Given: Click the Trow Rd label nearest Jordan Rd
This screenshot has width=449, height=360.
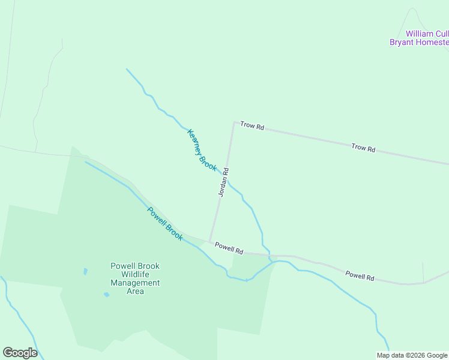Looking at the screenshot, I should click(x=252, y=126).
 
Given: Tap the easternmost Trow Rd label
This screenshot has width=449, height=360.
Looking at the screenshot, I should click(x=363, y=148).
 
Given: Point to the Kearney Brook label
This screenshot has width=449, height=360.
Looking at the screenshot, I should click(x=202, y=150).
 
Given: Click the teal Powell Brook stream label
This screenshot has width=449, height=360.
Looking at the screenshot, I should click(x=165, y=224).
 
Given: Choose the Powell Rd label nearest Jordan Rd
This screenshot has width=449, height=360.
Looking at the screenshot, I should click(x=229, y=247).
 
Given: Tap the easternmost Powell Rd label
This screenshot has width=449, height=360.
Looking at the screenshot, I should click(x=360, y=276).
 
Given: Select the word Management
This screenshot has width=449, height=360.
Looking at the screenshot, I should click(x=135, y=283).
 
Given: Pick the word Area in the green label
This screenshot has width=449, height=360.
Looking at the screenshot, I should click(x=135, y=292).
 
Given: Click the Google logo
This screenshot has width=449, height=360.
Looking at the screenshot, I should click(x=20, y=353).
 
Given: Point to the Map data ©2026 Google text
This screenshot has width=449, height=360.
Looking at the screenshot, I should click(x=412, y=355).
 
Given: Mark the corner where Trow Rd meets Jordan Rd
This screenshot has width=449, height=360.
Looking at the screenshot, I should click(x=234, y=122).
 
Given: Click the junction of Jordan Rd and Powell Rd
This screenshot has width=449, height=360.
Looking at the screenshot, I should click(x=209, y=241).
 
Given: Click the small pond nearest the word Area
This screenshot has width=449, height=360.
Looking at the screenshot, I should click(x=106, y=295).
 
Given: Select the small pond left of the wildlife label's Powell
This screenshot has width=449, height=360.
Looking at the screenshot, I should click(x=86, y=271).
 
